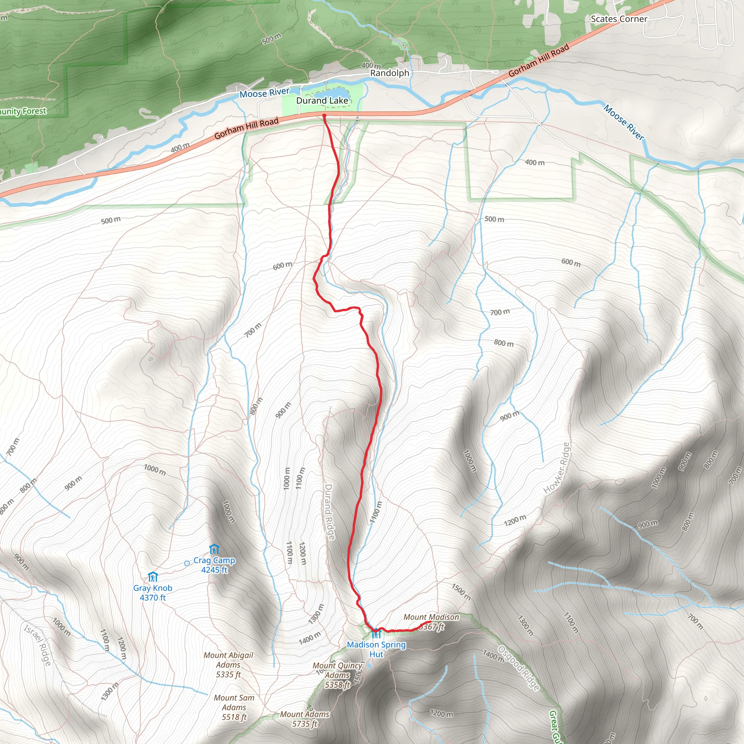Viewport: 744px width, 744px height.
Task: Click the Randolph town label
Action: point(389,73)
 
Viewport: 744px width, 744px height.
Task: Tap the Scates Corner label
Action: point(619,19)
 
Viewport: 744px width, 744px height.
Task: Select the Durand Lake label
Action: point(322,101)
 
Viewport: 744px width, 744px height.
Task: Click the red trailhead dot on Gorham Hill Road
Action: point(324,116)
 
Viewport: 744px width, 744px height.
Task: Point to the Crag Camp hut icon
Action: point(214,549)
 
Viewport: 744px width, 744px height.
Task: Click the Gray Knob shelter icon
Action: point(153,577)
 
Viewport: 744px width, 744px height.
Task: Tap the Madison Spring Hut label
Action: point(376,649)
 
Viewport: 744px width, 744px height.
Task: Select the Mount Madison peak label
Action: point(431,617)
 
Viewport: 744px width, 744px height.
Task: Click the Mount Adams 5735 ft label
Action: point(304,719)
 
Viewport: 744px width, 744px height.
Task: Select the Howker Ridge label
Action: point(557,468)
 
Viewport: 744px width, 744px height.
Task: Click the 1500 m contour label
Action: point(461,592)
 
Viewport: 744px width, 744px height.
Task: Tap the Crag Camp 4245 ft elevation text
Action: point(214,570)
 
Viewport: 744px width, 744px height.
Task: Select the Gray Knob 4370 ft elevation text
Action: point(153,597)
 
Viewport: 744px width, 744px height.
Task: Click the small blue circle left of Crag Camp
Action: point(187,563)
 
